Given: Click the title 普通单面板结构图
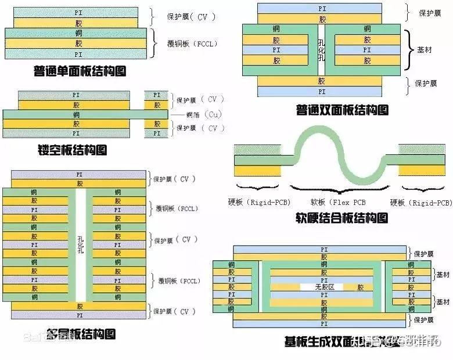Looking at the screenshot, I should click(x=80, y=72).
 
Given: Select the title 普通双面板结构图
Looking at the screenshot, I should click(x=342, y=109).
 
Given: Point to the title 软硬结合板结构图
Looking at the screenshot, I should click(x=341, y=218).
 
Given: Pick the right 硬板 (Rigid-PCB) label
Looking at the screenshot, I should click(x=421, y=203).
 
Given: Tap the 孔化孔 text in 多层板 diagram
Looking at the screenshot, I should click(x=80, y=244).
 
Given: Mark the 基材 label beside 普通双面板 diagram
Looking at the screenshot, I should click(x=425, y=50).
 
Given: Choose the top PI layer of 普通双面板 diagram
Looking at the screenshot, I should click(x=321, y=9).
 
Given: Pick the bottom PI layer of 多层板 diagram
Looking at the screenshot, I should click(x=79, y=315).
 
